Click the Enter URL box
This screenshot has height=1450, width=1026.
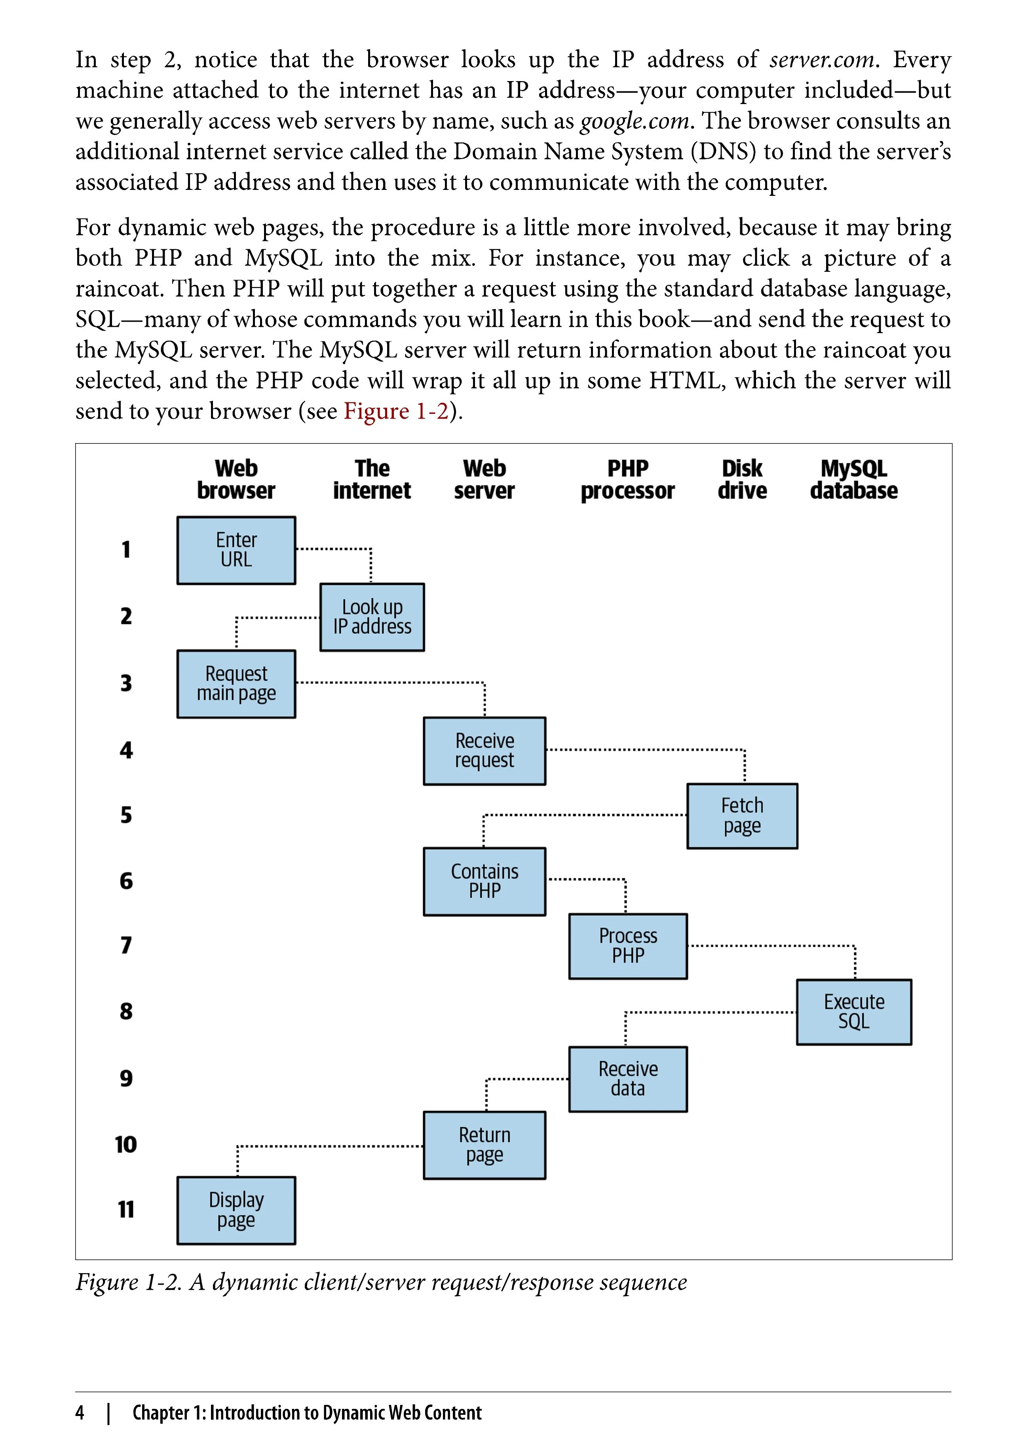[x=236, y=550]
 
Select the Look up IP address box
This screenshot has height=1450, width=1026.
[x=372, y=617]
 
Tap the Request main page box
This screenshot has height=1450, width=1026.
[x=236, y=684]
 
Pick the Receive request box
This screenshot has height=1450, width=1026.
[x=484, y=751]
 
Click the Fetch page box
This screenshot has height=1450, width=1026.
[x=742, y=816]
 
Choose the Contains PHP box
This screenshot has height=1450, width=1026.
[x=484, y=881]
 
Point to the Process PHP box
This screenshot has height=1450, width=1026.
[x=628, y=946]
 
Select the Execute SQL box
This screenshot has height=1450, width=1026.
[x=854, y=1012]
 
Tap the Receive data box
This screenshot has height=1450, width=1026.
[x=628, y=1078]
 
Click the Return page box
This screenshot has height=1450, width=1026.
[x=484, y=1145]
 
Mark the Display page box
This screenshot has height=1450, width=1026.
[x=236, y=1210]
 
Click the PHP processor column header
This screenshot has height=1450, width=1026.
[x=627, y=480]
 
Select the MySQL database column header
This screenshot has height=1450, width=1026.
[x=854, y=480]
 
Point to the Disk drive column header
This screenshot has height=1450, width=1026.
[x=742, y=480]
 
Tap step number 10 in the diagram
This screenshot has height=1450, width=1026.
[x=126, y=1144]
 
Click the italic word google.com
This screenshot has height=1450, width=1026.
[x=634, y=121]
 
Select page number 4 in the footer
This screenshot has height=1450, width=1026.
[x=80, y=1413]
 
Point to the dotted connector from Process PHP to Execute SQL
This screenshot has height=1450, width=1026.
[x=771, y=946]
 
